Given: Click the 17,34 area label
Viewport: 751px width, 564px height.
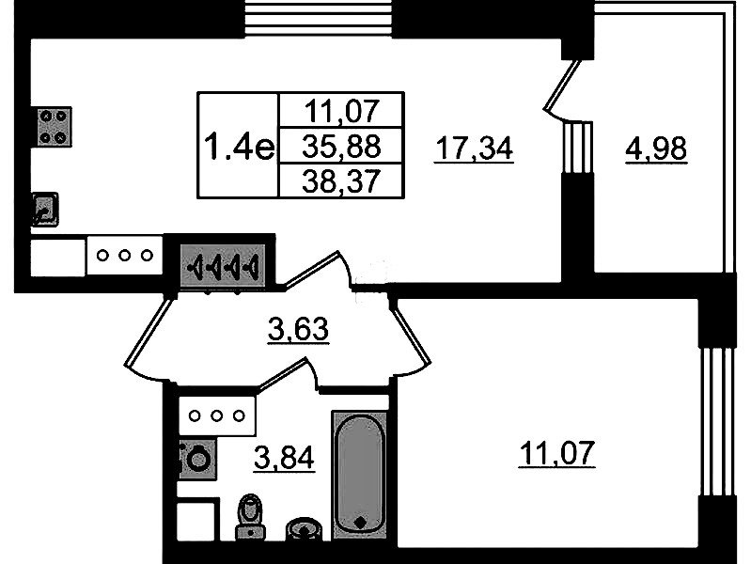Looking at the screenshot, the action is (x=474, y=149).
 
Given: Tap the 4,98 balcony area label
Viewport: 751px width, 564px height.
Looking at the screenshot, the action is (x=656, y=149).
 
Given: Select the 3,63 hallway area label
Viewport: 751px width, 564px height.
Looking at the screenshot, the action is (x=298, y=329).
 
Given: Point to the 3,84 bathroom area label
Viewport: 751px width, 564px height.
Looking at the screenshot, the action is (x=284, y=458).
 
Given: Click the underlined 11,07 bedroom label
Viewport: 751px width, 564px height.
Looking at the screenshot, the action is (x=557, y=453).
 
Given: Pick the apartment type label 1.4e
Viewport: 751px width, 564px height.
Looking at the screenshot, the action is (x=239, y=146).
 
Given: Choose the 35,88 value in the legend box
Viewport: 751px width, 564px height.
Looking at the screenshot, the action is (x=341, y=146).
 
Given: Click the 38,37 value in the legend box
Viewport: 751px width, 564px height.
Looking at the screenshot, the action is (x=341, y=182).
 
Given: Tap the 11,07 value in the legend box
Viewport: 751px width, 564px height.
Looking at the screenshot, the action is (x=341, y=111).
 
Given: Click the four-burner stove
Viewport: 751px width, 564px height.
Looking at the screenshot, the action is (x=54, y=127).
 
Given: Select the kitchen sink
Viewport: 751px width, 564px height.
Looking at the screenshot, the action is (x=45, y=210).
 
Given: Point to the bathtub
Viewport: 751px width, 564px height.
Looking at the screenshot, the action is (x=360, y=474).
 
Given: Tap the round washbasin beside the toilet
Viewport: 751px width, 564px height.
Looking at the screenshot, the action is (x=305, y=529).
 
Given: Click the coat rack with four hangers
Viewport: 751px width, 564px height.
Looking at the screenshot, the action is (x=223, y=266).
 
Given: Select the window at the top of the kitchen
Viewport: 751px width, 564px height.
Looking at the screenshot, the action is (x=318, y=18).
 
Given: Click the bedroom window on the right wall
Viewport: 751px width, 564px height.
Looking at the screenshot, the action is (x=717, y=422).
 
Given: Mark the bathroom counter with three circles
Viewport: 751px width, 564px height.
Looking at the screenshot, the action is (x=217, y=415).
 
